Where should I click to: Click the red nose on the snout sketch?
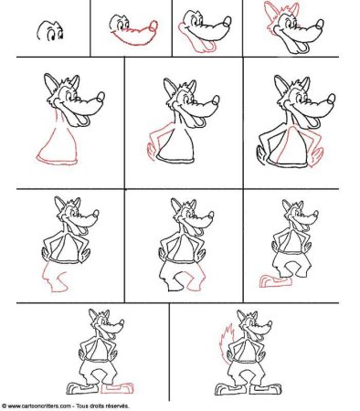click(154, 26)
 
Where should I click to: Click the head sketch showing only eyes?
click(50, 31)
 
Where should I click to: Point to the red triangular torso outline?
click(57, 148)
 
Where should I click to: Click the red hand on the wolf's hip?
click(151, 152)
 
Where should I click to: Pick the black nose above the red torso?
click(101, 97)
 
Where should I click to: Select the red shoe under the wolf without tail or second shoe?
click(275, 281)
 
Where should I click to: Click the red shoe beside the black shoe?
click(117, 388)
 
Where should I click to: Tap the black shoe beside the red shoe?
click(81, 388)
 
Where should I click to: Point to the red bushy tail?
click(227, 341)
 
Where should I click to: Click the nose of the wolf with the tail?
click(270, 323)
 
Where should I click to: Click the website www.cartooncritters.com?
click(39, 406)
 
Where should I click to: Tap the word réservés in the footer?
click(118, 406)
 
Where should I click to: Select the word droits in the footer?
click(98, 406)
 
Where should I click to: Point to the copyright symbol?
click(4, 406)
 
